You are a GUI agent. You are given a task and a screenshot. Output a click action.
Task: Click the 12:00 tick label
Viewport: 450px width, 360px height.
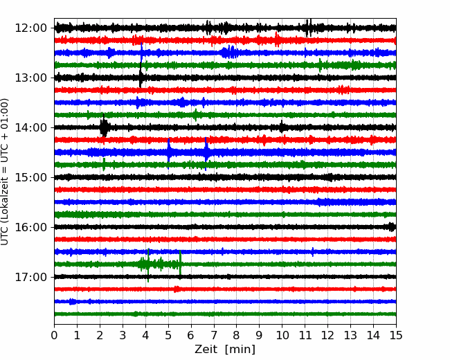pos(30,28)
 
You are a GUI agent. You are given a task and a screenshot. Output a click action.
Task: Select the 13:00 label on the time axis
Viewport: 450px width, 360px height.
pos(30,78)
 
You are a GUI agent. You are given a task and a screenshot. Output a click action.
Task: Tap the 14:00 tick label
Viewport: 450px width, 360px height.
pos(30,127)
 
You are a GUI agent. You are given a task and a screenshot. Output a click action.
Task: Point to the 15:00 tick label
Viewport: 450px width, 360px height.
pos(30,177)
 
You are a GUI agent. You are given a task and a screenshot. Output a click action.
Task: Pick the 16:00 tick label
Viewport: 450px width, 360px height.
pos(30,227)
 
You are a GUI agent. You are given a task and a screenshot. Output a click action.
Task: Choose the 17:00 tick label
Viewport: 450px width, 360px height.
pos(30,277)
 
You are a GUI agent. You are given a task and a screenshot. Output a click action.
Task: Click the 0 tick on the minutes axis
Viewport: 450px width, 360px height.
pos(54,335)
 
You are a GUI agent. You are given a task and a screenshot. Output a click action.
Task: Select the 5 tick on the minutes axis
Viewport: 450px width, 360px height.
pos(168,335)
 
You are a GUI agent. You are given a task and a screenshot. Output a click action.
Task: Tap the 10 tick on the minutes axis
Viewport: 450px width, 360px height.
pos(282,335)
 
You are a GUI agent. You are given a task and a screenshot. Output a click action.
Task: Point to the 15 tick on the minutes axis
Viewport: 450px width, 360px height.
pos(396,335)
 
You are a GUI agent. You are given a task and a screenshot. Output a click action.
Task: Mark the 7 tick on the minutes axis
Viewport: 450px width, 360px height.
pos(214,335)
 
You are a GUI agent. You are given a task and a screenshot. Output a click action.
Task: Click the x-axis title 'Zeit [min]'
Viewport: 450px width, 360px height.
pos(225,350)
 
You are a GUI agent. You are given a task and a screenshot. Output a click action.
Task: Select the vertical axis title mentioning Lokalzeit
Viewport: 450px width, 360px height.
pos(5,172)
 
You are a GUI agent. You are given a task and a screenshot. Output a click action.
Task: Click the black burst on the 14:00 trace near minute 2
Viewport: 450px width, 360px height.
pos(104,127)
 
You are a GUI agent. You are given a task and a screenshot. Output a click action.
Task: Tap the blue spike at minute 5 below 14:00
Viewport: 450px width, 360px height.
pos(169,152)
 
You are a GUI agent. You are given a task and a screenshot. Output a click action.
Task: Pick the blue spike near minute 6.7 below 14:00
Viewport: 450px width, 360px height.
pos(206,153)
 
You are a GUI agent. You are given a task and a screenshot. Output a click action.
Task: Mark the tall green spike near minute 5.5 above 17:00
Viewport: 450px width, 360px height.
pos(180,264)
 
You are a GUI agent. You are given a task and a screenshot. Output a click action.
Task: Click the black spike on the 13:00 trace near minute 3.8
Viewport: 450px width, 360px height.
pos(141,77)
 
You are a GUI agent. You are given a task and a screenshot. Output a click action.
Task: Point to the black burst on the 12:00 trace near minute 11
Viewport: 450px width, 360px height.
pos(309,28)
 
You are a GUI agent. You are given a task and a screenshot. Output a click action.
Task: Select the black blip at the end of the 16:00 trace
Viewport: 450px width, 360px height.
pos(392,227)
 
